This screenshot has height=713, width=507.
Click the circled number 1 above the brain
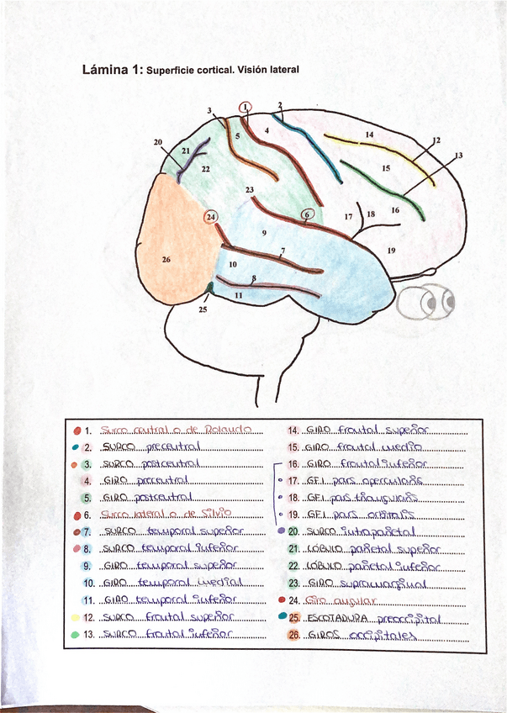[245, 107]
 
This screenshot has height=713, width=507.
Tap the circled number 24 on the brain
[211, 217]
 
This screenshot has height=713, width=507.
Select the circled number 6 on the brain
[308, 214]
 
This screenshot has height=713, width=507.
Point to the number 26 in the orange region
[166, 260]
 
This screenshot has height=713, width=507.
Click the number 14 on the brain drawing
[369, 135]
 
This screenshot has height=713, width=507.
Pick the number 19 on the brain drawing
[391, 250]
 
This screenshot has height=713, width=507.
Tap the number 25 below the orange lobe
[202, 309]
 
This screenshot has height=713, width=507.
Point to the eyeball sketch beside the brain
[425, 300]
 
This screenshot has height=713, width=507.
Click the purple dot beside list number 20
[280, 532]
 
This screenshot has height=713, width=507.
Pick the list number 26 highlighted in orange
[294, 635]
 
